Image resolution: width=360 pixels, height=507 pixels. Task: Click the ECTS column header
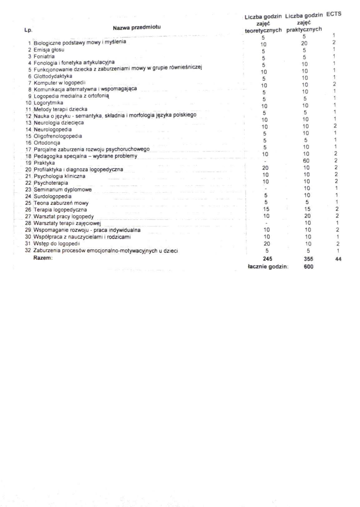(x=333, y=14)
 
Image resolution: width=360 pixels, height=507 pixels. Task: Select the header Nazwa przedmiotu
(x=137, y=27)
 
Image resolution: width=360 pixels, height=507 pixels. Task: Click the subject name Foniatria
(x=44, y=57)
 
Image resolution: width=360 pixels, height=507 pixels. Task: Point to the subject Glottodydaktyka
(x=53, y=76)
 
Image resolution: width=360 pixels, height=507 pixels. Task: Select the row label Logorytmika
(x=48, y=103)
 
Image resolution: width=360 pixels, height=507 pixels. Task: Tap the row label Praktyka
(x=44, y=163)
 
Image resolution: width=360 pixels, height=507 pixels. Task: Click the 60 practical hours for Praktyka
(x=306, y=161)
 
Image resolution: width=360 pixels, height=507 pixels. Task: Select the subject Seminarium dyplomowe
(x=62, y=190)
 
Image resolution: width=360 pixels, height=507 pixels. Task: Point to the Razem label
(x=43, y=258)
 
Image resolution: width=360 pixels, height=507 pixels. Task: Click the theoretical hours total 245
(x=268, y=259)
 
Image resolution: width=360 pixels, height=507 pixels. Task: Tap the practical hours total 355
(x=308, y=259)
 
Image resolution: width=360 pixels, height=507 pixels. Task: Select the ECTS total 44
(x=338, y=259)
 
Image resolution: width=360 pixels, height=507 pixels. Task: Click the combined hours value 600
(x=308, y=266)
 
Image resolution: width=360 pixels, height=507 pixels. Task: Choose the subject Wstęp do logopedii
(x=57, y=244)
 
